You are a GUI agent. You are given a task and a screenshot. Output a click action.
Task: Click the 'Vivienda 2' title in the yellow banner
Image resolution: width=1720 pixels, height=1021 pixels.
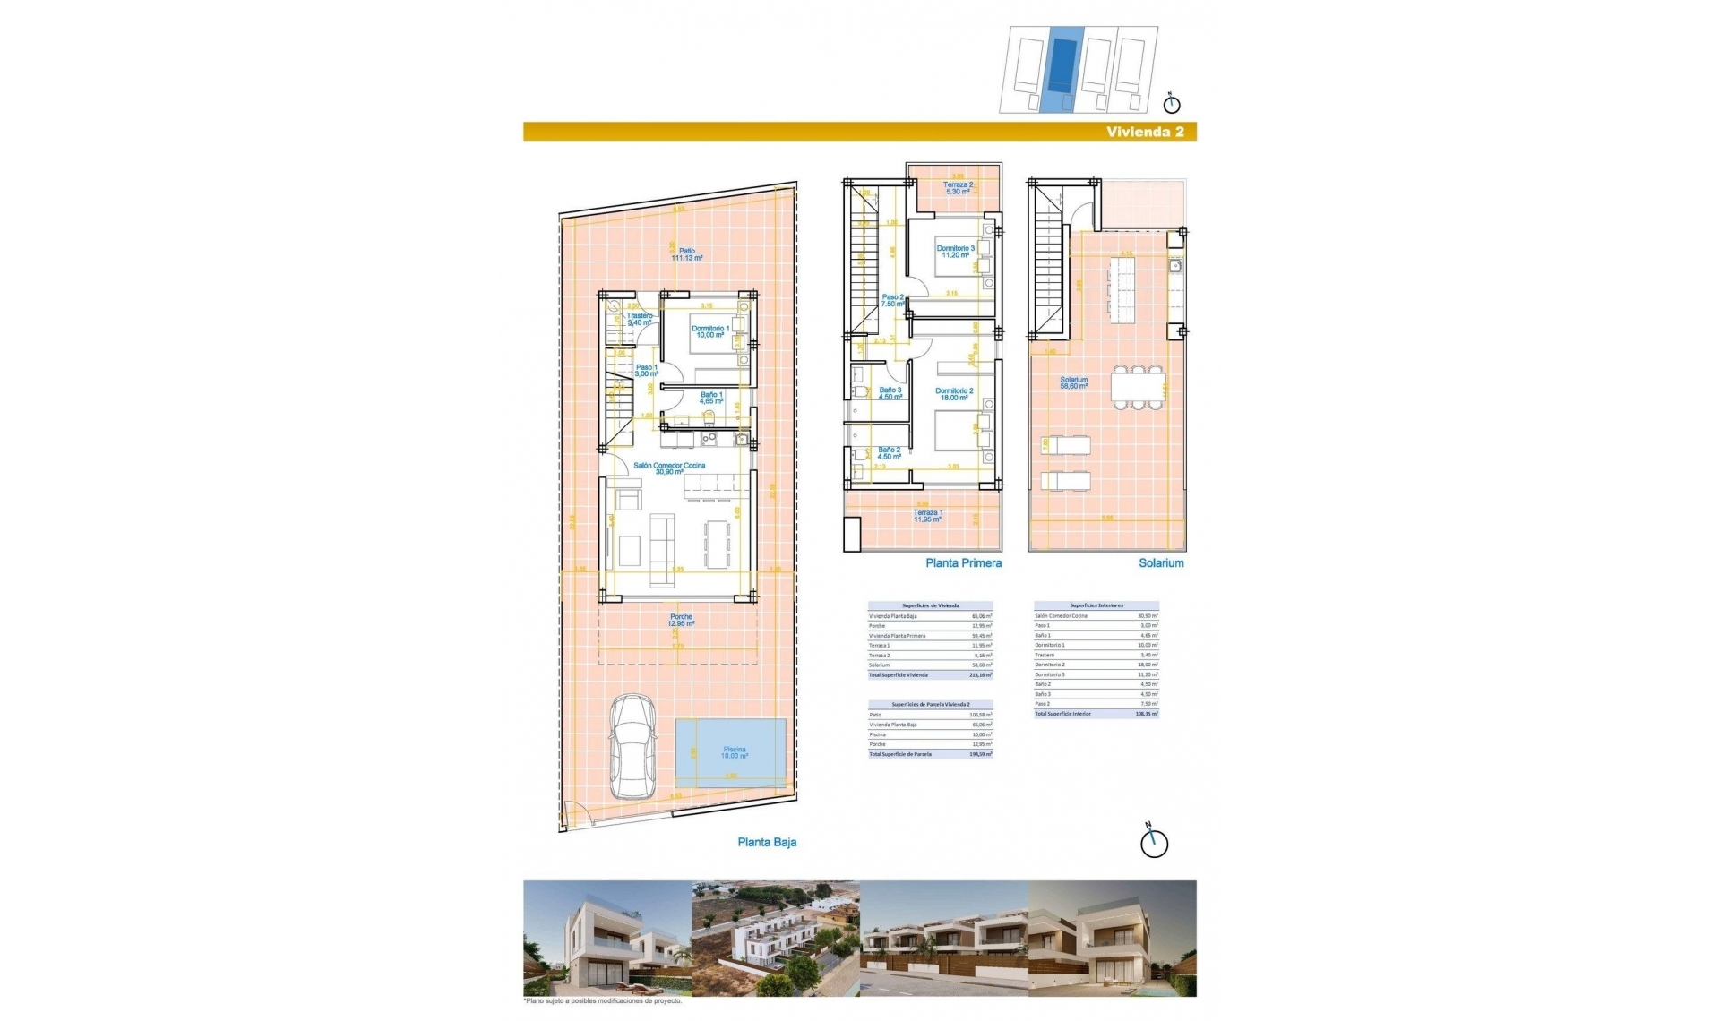click(1145, 132)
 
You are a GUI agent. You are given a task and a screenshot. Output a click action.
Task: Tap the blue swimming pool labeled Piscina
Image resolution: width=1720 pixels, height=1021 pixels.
click(734, 753)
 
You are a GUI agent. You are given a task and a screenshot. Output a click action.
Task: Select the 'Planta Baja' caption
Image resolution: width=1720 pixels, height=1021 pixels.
click(767, 842)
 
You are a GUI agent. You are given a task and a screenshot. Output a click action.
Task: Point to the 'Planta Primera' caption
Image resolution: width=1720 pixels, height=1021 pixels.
click(963, 563)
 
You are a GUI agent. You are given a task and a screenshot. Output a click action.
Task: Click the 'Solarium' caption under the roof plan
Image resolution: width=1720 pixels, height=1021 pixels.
click(1161, 563)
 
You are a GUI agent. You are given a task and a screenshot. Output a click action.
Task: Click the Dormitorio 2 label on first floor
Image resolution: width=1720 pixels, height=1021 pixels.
click(954, 394)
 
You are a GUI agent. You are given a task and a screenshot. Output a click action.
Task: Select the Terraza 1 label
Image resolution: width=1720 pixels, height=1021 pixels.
click(927, 516)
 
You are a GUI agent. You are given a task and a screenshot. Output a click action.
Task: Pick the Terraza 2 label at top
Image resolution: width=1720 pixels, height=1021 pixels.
click(957, 188)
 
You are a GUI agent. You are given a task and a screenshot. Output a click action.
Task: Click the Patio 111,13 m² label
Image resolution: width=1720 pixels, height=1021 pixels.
click(687, 254)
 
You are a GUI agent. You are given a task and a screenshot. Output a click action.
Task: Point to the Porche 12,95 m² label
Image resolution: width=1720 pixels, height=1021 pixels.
click(682, 620)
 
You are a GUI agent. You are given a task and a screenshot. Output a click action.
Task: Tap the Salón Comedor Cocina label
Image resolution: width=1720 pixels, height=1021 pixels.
click(669, 468)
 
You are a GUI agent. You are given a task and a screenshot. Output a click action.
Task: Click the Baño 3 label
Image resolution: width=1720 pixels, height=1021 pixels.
click(890, 393)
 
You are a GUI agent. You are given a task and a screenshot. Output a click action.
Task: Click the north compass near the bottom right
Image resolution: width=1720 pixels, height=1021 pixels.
click(1154, 843)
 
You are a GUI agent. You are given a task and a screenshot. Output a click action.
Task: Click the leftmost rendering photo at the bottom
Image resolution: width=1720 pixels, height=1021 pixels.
click(607, 939)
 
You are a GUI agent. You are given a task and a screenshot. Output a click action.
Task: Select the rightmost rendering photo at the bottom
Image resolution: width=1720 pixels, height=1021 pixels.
click(1112, 939)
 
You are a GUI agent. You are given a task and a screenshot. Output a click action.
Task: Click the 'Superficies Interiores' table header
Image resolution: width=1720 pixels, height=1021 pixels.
click(1096, 605)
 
